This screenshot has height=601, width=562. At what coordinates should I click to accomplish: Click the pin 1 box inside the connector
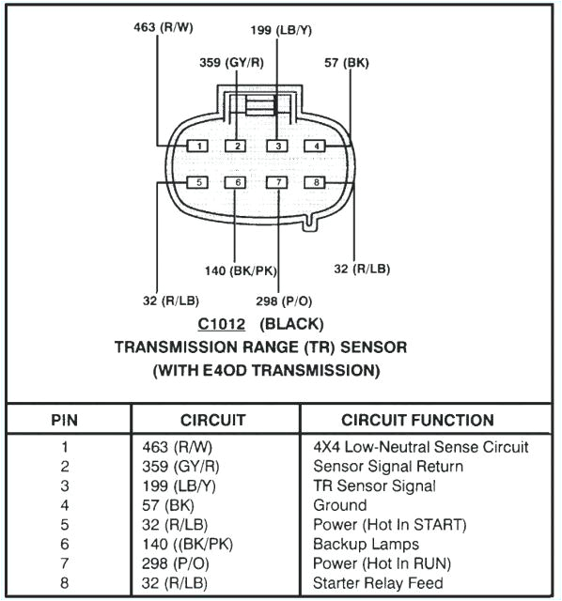(x=199, y=146)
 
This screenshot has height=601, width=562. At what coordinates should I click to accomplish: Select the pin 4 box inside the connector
(x=318, y=146)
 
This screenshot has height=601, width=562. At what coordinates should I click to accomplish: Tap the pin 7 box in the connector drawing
(x=277, y=182)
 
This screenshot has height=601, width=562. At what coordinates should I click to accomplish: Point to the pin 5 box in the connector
(x=199, y=182)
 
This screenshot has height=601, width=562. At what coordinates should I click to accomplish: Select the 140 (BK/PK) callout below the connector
(x=241, y=271)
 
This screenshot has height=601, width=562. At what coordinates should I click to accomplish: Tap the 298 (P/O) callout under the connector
(x=284, y=300)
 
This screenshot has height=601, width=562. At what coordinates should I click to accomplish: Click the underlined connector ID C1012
(x=222, y=324)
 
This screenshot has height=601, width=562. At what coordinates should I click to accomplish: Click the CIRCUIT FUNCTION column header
(x=416, y=420)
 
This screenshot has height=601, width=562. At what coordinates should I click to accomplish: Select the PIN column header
(x=65, y=420)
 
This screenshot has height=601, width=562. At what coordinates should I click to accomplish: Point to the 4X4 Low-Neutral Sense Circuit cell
(x=420, y=447)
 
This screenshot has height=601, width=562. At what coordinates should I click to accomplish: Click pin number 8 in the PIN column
(x=65, y=583)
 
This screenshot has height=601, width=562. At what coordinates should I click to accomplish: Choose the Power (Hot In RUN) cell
(x=382, y=563)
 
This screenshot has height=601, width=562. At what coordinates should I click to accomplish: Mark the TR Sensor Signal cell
(x=374, y=485)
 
